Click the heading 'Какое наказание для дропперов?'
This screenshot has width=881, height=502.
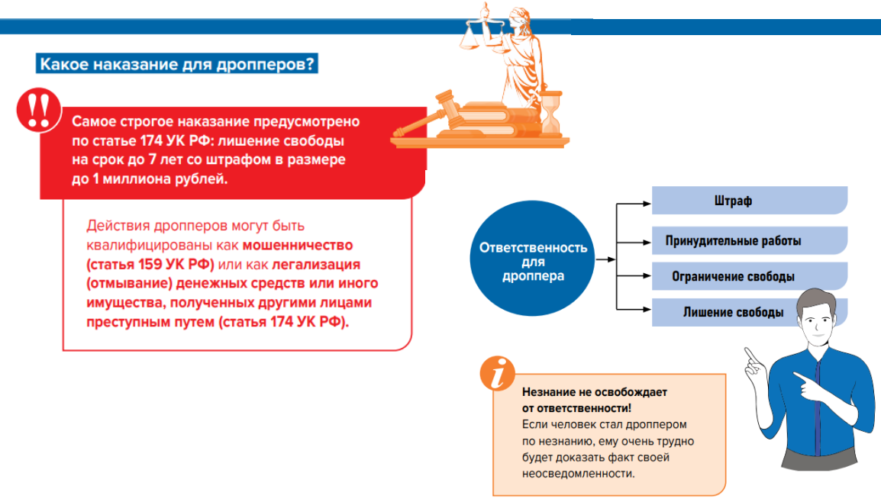[x=177, y=63]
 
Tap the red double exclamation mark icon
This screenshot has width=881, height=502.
[x=39, y=110]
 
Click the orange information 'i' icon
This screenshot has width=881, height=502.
[x=497, y=373]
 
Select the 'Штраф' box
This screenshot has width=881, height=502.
[x=750, y=201]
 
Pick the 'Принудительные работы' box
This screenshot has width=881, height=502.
[x=750, y=241]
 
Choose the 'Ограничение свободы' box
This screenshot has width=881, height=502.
[x=750, y=276]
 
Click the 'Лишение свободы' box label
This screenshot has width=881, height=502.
[x=733, y=312]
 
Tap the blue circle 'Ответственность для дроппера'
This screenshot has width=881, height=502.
[x=532, y=259]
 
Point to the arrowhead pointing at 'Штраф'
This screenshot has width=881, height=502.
[x=647, y=204]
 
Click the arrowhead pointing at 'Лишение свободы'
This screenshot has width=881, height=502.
[x=647, y=309]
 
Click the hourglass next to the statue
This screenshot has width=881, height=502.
[x=551, y=113]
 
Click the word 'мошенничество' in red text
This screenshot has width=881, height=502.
[x=298, y=246]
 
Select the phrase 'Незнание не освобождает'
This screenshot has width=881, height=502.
[x=595, y=392]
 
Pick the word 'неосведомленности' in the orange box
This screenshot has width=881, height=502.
[x=578, y=473]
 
